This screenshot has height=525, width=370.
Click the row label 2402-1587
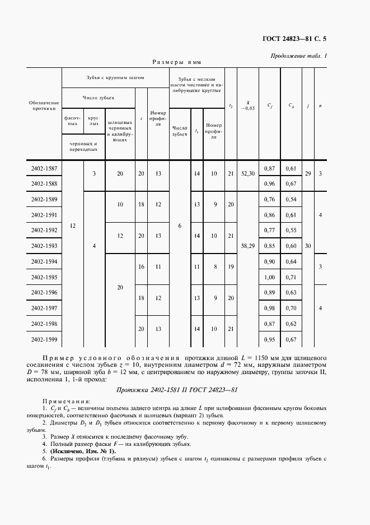[x=44, y=168]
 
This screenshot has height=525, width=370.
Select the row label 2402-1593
[x=44, y=245]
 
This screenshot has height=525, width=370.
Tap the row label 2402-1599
[x=44, y=339]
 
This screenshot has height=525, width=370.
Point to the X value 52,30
[x=247, y=174]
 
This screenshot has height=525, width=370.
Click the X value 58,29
[x=247, y=245]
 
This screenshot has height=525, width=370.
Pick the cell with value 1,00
[x=270, y=277]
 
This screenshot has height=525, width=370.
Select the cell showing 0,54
[x=291, y=199]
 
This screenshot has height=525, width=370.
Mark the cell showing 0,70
[x=291, y=308]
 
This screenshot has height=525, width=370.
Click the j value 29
[x=308, y=175]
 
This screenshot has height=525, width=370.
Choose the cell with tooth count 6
[x=180, y=225]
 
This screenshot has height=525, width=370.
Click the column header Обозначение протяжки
[x=44, y=106]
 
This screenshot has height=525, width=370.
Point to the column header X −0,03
[x=247, y=105]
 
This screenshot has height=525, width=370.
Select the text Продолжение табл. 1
[x=299, y=56]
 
